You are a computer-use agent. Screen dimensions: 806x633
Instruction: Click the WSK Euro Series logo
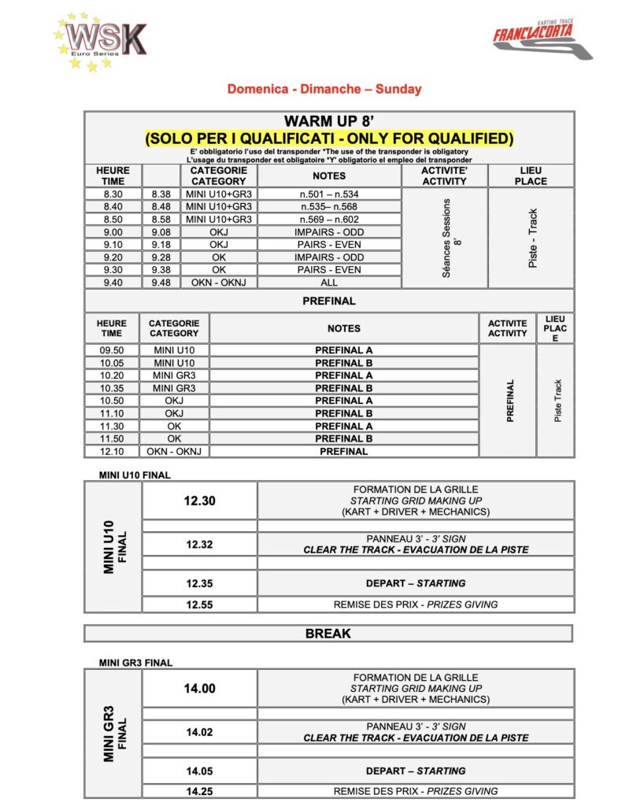100,42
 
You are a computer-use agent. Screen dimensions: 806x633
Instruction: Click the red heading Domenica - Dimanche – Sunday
324,89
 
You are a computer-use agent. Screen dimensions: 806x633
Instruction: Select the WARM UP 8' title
329,122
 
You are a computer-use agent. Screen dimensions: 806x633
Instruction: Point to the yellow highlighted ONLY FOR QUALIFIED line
329,139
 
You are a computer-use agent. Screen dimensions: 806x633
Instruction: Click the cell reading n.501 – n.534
328,194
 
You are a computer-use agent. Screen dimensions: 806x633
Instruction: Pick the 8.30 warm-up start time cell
113,194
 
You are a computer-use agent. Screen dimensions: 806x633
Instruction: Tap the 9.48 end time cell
161,282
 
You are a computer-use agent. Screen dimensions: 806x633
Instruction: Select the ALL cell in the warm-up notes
328,282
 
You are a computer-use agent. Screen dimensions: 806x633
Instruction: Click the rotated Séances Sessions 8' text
445,238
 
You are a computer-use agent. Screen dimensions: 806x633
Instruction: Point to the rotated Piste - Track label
532,238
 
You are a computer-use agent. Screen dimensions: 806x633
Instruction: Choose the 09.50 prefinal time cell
111,350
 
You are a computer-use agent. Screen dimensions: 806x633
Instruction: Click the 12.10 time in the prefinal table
111,451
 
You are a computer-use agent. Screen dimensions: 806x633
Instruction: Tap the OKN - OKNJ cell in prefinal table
174,451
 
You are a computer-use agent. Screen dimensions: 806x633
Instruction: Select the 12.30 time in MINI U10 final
200,501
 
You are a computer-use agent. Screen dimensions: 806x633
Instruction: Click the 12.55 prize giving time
200,604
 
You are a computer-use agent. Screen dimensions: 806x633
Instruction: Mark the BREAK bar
328,634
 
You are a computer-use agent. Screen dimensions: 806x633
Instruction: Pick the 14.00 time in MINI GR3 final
200,688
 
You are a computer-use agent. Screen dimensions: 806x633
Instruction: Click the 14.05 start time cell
200,771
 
